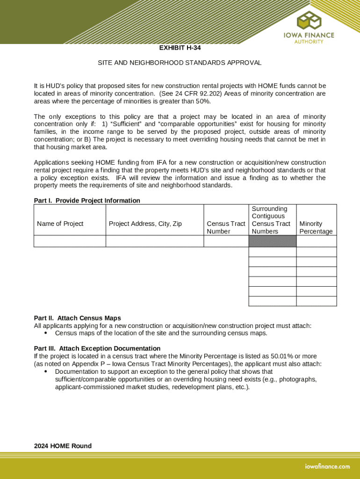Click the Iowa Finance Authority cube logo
pos(309,20)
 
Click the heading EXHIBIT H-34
pos(180,48)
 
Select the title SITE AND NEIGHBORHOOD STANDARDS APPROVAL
pos(180,63)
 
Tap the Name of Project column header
pos(60,224)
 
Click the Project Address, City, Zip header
pos(145,224)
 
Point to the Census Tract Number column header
pos(226,227)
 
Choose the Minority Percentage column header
pos(316,227)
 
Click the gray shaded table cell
pos(272,241)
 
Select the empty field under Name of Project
pos(70,241)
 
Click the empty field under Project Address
pos(155,241)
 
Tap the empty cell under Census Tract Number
pos(226,241)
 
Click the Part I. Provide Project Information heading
pos(87,201)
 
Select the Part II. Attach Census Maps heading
pos(77,318)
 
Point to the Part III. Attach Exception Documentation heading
pos(97,348)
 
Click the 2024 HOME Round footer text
pos(63,446)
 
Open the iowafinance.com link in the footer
pos(327,466)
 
